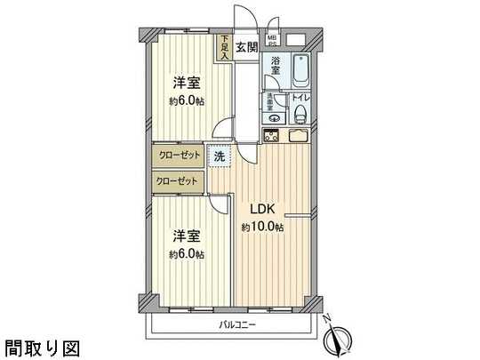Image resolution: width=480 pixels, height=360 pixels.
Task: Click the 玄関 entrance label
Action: click(247, 46)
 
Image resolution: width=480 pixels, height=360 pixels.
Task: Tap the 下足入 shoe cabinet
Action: click(225, 47)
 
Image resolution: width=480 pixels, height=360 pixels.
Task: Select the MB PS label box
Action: click(272, 39)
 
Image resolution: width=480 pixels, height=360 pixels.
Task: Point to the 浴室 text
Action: click(276, 67)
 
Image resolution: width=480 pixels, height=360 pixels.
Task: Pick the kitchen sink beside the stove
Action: click(299, 136)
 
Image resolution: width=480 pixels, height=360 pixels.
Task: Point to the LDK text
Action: click(263, 210)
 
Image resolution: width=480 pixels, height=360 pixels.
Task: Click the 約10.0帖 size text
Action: click(263, 228)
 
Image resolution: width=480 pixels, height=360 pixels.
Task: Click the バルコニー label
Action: click(236, 324)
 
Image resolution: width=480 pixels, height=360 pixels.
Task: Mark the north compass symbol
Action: click(339, 339)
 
